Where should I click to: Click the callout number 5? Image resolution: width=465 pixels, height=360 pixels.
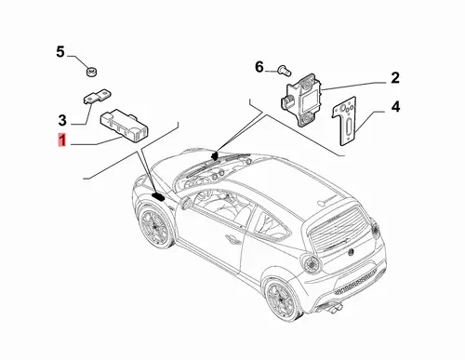pos(60,51)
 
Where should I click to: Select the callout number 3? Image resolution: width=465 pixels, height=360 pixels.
pos(62,120)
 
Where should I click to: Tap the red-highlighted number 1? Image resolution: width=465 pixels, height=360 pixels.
pos(62,140)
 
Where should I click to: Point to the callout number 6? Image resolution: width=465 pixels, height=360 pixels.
pos(259,67)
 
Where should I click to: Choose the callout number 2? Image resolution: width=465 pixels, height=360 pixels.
pos(395,78)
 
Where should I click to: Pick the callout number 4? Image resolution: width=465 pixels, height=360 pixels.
pos(395,107)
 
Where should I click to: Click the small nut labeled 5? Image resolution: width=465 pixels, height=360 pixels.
pos(91,73)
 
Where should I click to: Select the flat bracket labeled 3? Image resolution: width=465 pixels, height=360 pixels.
pos(98,96)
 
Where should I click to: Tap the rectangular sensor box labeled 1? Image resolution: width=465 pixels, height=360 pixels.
pos(124,125)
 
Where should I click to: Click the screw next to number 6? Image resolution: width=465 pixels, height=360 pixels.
pos(285,70)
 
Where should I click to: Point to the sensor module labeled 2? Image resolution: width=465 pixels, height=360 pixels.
pos(301,100)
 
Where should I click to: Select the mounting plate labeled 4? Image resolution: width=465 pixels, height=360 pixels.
pos(345,121)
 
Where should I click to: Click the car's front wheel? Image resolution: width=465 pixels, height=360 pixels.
pos(154,226)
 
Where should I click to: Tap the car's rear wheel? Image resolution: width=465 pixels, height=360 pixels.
pos(281,299)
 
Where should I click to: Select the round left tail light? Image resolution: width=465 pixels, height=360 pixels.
pos(311,264)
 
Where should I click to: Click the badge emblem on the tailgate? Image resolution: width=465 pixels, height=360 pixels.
pos(351,252)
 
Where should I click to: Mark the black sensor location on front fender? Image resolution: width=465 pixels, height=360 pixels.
pos(158,196)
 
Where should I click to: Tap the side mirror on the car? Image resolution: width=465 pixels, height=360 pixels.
pos(186,202)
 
